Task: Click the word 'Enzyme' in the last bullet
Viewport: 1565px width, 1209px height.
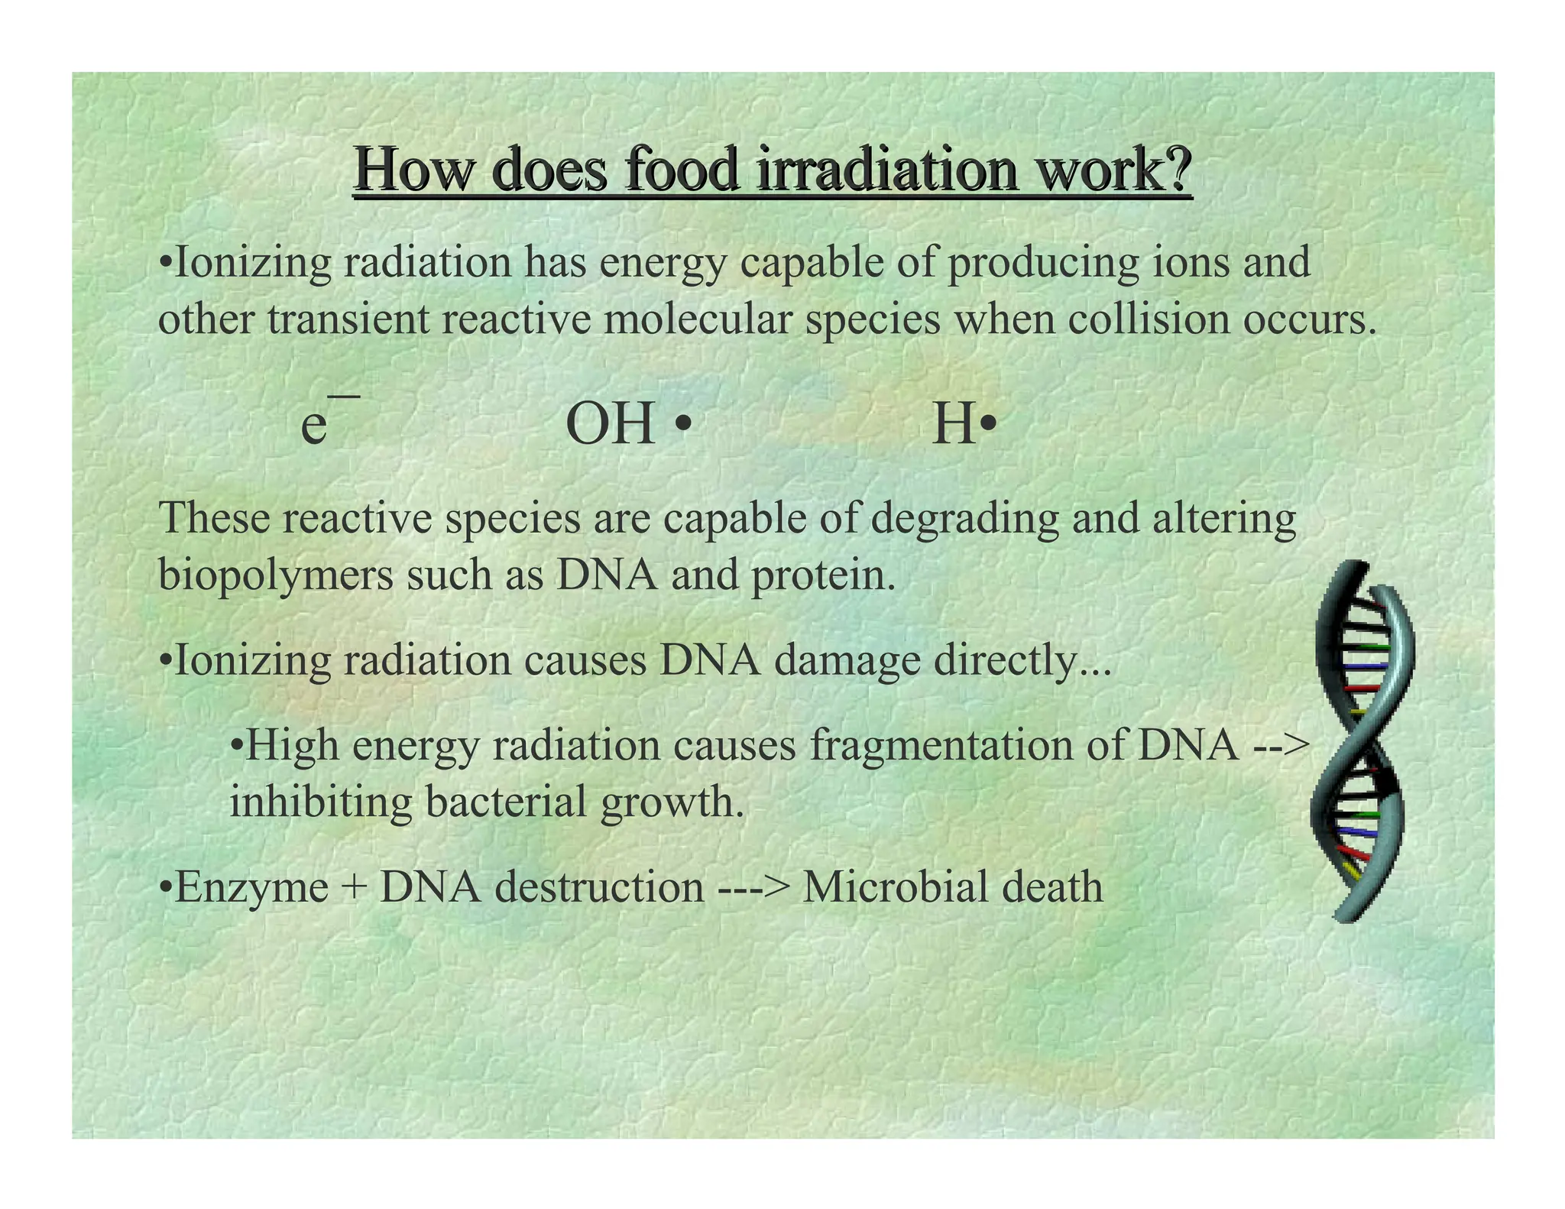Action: [x=251, y=888]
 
